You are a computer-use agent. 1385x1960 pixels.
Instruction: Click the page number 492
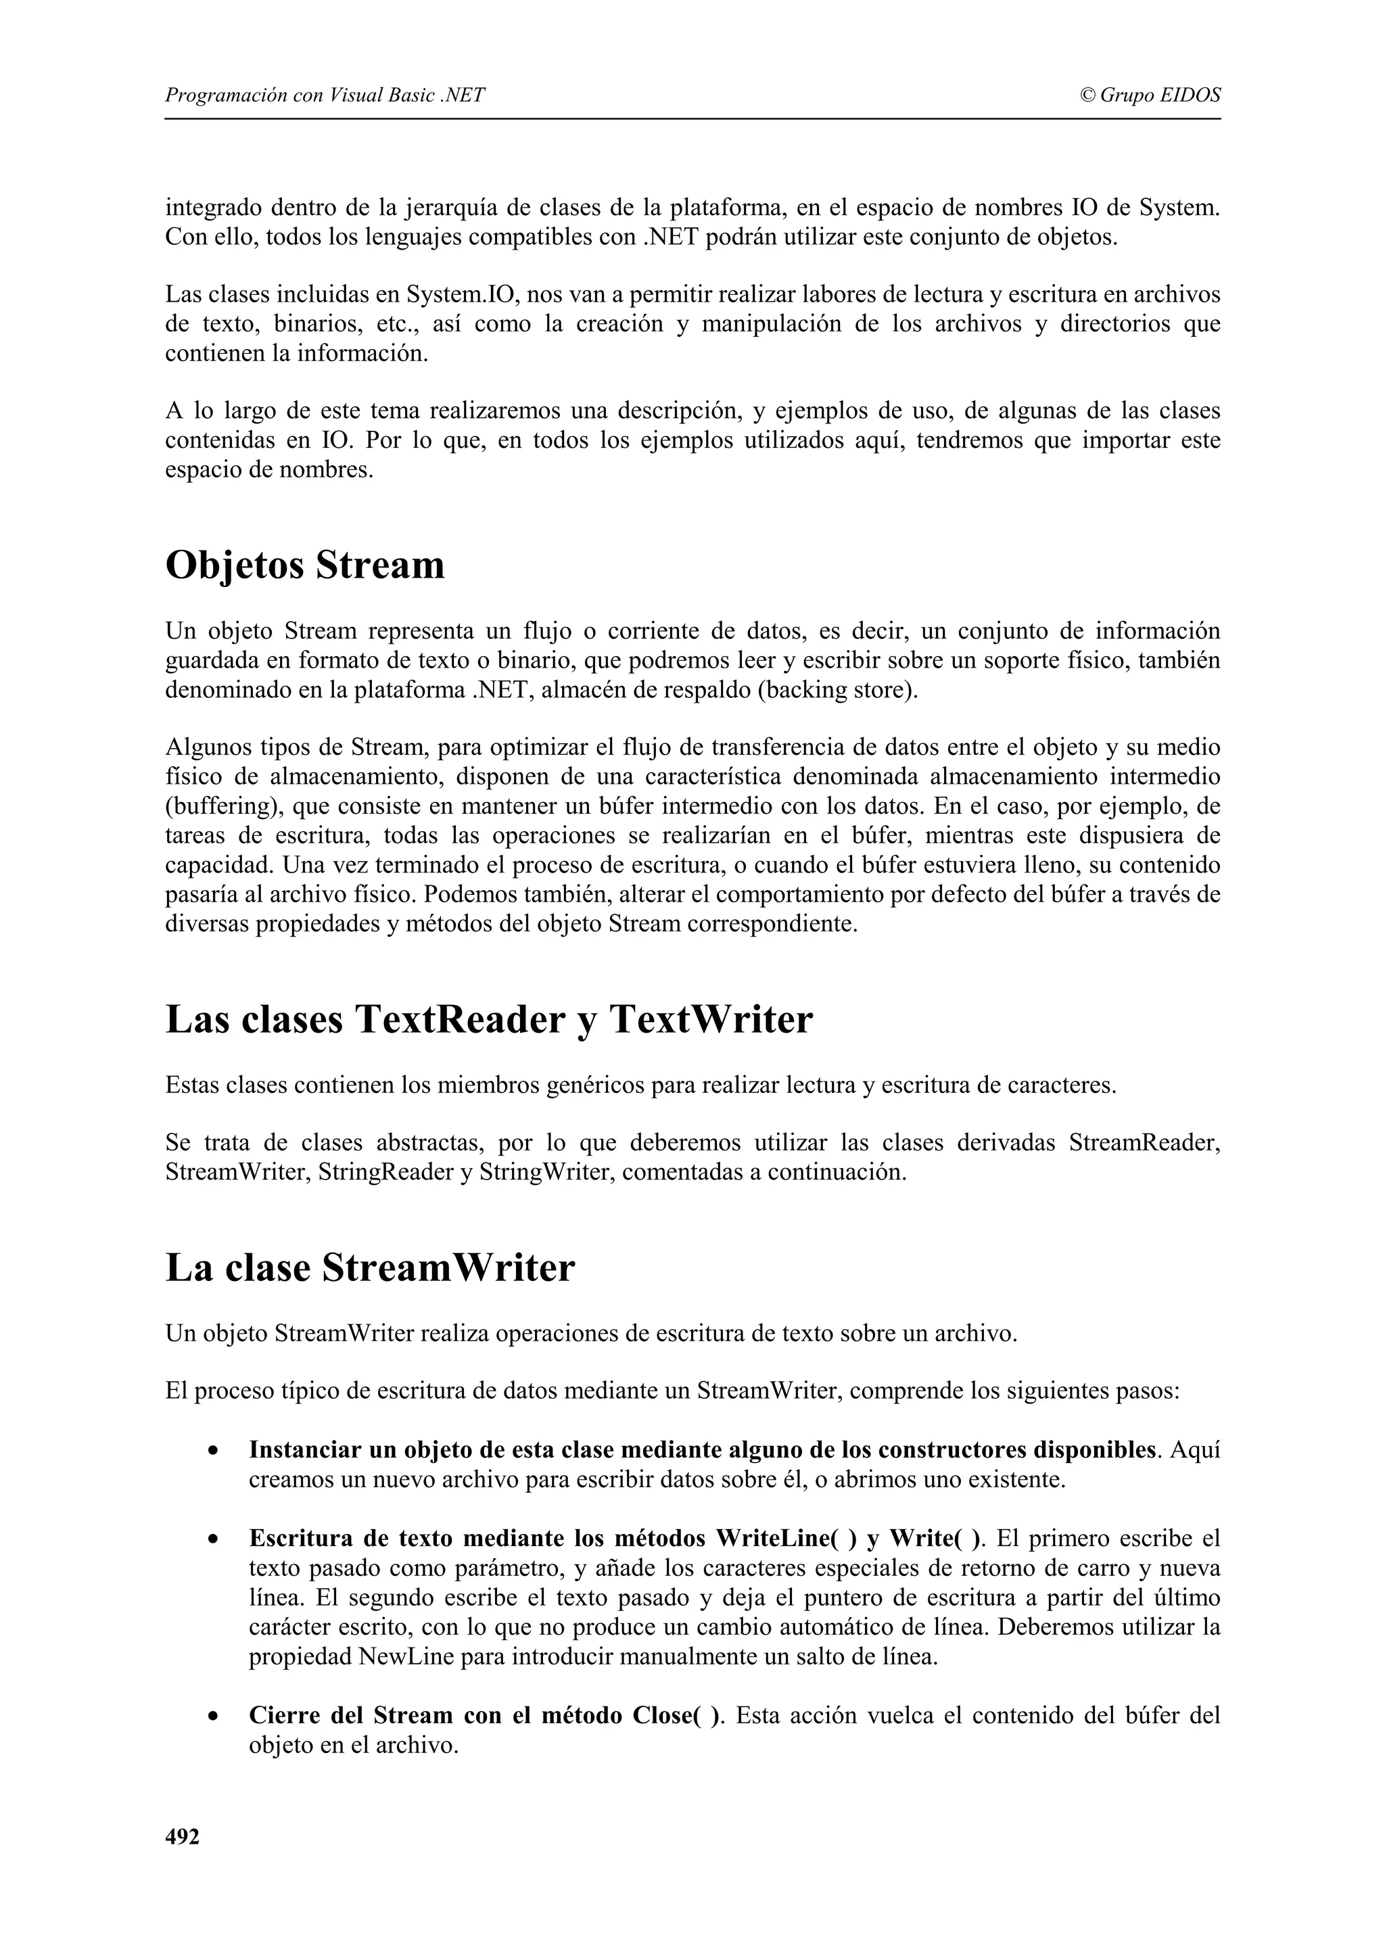(x=182, y=1837)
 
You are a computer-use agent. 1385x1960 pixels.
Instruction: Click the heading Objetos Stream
(x=304, y=565)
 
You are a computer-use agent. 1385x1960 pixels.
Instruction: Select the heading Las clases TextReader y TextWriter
(x=489, y=1019)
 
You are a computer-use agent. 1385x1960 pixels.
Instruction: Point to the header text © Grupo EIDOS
(x=1150, y=95)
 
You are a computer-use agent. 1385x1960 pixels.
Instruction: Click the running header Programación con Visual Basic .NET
(x=325, y=95)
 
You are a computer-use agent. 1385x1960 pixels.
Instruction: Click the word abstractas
(x=429, y=1143)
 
